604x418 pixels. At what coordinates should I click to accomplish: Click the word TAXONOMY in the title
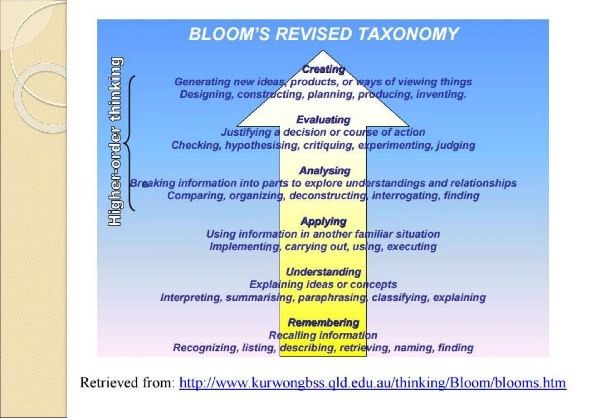click(x=408, y=34)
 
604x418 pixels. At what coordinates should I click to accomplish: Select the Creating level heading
click(x=324, y=69)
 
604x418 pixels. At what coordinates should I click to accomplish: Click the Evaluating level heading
click(x=323, y=119)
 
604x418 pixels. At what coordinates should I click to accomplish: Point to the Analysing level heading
click(x=325, y=170)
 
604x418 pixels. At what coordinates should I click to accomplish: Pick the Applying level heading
click(x=323, y=221)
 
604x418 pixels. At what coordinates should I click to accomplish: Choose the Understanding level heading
click(x=324, y=271)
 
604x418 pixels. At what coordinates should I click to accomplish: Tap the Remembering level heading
click(x=324, y=322)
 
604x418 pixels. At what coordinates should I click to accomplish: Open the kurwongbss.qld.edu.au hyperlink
click(x=373, y=383)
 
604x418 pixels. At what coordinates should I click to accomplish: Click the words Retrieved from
click(x=127, y=383)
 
